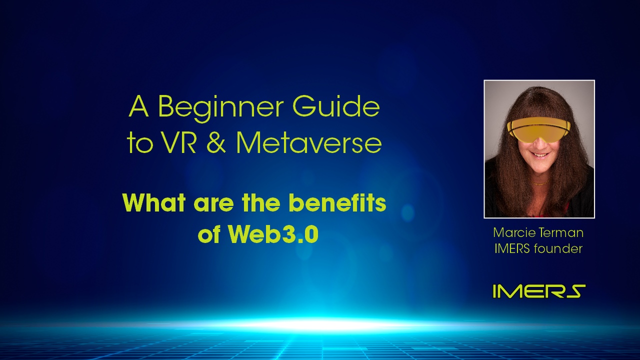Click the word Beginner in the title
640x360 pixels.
[221, 108]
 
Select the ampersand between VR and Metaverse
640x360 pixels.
[215, 142]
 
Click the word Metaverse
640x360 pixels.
[308, 142]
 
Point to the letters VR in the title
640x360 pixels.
[179, 142]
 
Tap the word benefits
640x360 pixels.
[337, 202]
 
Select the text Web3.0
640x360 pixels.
[273, 234]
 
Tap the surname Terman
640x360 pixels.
[560, 232]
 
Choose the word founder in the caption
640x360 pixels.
[558, 248]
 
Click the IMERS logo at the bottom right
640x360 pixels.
[539, 291]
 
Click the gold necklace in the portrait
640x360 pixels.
[539, 183]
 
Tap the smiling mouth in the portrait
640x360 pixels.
[539, 154]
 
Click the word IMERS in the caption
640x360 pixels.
[512, 248]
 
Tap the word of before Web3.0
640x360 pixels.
[209, 234]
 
